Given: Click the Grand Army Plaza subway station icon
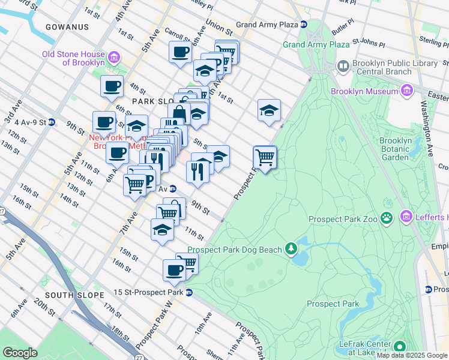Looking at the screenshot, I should (x=304, y=25).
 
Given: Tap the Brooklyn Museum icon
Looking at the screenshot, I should (x=406, y=91).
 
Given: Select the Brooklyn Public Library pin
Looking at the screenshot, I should (x=343, y=65).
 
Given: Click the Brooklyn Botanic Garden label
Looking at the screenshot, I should (x=396, y=149).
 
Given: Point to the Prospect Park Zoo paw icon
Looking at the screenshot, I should (x=388, y=219).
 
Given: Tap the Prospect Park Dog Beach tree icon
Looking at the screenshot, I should (x=291, y=248).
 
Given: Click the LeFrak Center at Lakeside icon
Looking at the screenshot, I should (x=398, y=346).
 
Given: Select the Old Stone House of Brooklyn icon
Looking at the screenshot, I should (x=112, y=58).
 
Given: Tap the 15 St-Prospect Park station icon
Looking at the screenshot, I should (x=188, y=293).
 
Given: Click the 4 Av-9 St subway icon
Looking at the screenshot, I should (x=52, y=122).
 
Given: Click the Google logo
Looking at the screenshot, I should (x=20, y=352).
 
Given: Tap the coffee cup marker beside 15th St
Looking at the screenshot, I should (x=174, y=270).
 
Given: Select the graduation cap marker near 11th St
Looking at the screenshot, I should (x=162, y=230).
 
